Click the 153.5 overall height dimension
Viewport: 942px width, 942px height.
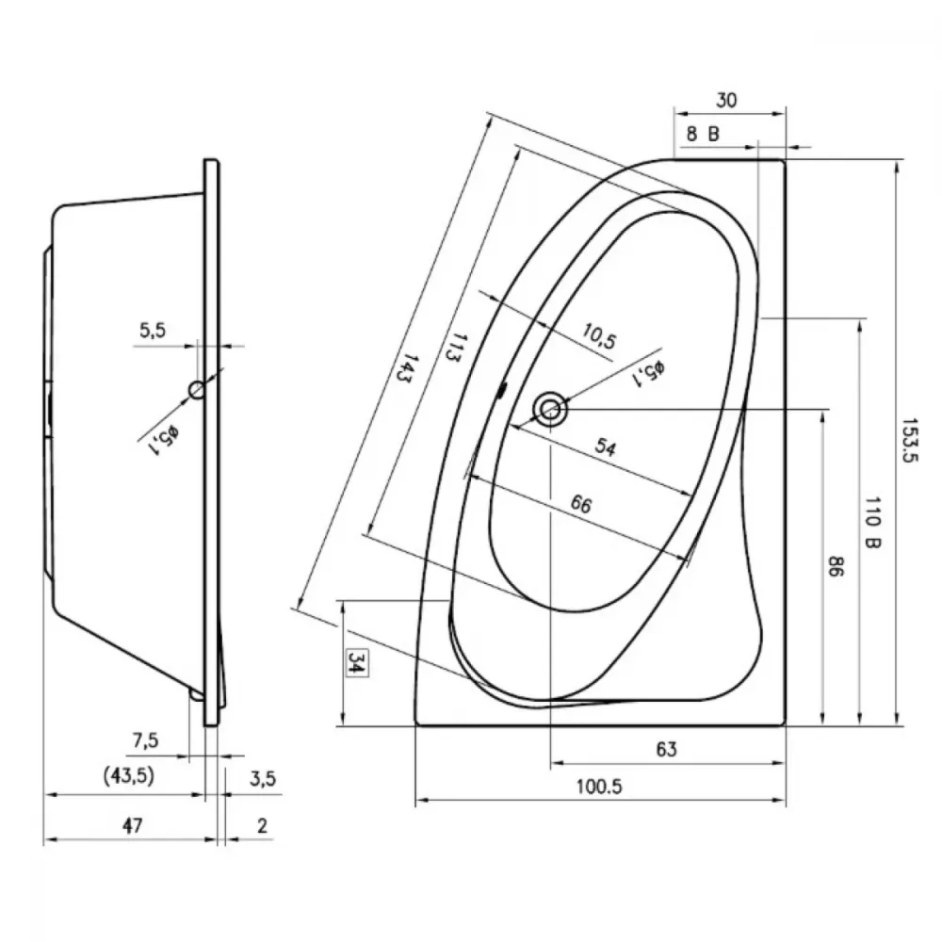click(x=909, y=440)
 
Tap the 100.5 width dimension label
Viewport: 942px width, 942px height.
click(x=599, y=787)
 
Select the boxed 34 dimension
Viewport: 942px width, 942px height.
click(x=357, y=662)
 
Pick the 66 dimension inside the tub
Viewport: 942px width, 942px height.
click(x=581, y=504)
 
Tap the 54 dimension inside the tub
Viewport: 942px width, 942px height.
click(x=606, y=447)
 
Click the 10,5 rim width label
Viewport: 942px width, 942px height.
click(x=599, y=336)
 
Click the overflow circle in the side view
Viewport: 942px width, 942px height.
click(x=197, y=390)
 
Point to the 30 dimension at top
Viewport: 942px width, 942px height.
click(x=725, y=101)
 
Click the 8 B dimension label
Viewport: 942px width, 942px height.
click(x=703, y=134)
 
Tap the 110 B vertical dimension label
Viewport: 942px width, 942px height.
click(x=872, y=522)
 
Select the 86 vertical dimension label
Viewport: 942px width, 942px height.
click(x=836, y=566)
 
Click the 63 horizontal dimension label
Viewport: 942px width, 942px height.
click(x=666, y=749)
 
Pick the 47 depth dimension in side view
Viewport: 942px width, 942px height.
click(x=133, y=825)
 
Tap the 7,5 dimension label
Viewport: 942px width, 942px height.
click(x=145, y=740)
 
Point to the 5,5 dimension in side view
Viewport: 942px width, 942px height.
click(x=153, y=330)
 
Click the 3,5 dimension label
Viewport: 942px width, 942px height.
click(x=263, y=779)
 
